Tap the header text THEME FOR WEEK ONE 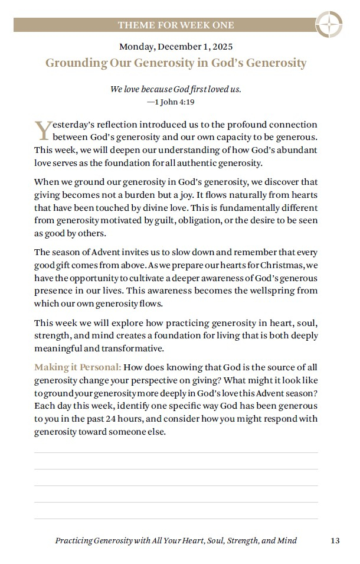176,25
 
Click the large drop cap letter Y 42,130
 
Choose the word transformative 133,348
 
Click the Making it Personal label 77,367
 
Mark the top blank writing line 176,452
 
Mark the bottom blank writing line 176,519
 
